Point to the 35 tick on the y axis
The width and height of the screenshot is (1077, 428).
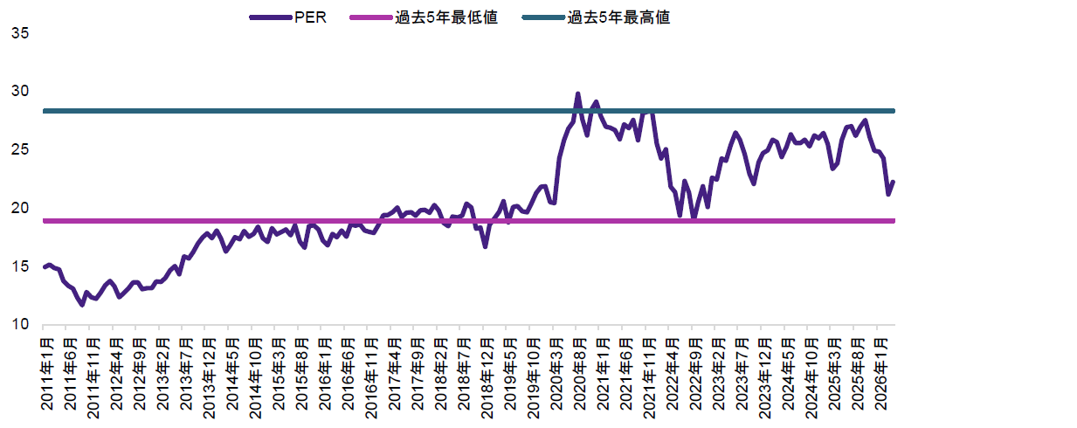click(20, 33)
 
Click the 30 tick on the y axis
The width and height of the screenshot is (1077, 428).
click(20, 92)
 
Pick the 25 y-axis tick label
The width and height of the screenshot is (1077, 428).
click(20, 150)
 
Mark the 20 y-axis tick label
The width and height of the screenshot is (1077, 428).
click(20, 209)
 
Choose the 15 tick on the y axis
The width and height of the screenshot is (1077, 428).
click(20, 267)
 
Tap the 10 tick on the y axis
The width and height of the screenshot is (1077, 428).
click(20, 326)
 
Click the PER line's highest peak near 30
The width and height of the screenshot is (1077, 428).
click(577, 93)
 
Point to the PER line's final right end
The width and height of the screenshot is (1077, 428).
click(894, 182)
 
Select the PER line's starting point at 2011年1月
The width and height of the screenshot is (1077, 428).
click(45, 267)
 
